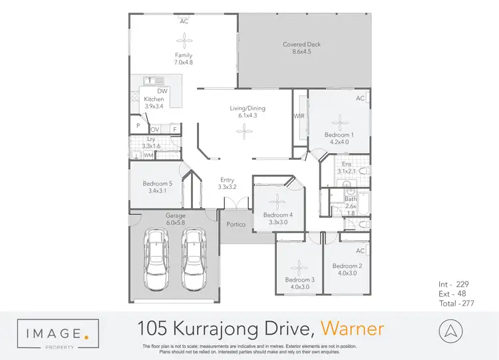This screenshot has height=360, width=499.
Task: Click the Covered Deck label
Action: pyautogui.click(x=301, y=45)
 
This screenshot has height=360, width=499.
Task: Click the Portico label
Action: pyautogui.click(x=236, y=224)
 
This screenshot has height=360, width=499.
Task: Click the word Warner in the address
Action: pyautogui.click(x=352, y=328)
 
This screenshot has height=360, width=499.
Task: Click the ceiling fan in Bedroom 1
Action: pyautogui.click(x=339, y=122)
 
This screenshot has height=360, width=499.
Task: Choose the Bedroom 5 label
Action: pyautogui.click(x=157, y=184)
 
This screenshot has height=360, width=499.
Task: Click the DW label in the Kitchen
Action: pyautogui.click(x=162, y=91)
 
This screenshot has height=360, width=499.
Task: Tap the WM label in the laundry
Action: pyautogui.click(x=148, y=155)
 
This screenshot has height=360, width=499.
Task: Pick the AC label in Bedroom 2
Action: pyautogui.click(x=360, y=251)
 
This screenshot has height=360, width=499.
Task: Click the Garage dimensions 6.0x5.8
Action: pyautogui.click(x=176, y=224)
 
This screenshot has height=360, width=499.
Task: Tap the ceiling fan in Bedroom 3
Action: pyautogui.click(x=299, y=266)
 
